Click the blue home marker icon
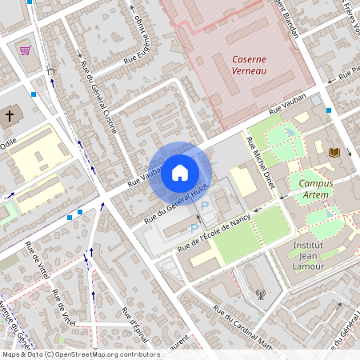(x=180, y=172)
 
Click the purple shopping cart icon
(x=26, y=50)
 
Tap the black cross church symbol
(x=10, y=116)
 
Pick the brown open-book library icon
(x=334, y=152)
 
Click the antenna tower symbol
(x=260, y=294)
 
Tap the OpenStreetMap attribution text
(x=80, y=354)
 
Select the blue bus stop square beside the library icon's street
(x=329, y=110)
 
